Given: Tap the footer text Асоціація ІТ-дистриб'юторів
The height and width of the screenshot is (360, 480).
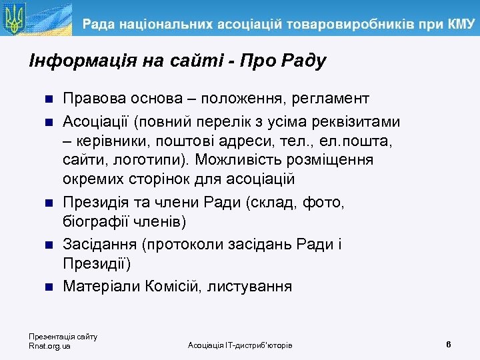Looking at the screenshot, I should [x=240, y=345].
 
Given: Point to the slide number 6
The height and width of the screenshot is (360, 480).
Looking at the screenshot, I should [x=449, y=344].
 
